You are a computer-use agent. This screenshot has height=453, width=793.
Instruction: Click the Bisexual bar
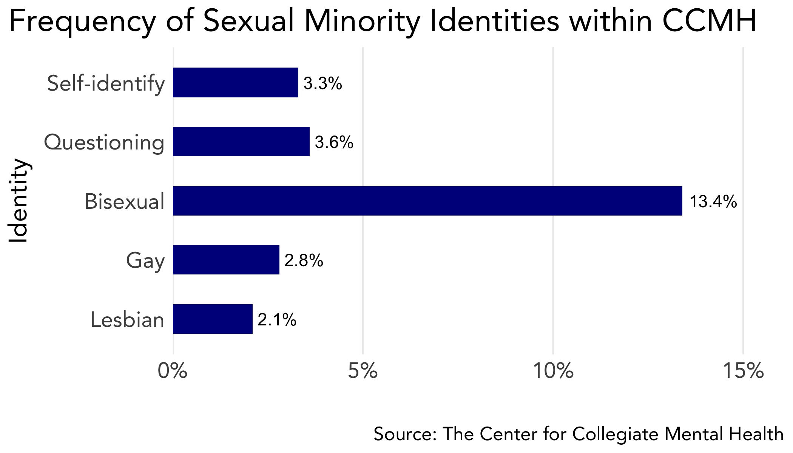[x=427, y=201]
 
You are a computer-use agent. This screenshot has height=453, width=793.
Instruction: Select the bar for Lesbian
[x=213, y=319]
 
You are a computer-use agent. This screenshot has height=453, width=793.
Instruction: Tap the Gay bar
[x=226, y=260]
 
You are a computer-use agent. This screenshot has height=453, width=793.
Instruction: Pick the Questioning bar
[x=241, y=142]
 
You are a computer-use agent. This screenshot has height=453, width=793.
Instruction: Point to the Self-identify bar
[x=235, y=83]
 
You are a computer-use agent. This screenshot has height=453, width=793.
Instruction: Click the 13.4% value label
[x=713, y=202]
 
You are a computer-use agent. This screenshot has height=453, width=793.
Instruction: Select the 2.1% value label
[x=277, y=320]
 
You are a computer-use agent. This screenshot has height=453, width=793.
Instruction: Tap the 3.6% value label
[x=334, y=142]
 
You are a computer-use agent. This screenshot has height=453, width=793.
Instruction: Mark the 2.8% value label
[x=304, y=260]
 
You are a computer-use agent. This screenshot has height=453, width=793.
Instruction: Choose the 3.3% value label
[x=322, y=83]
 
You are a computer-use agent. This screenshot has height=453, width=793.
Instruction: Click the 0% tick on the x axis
[x=173, y=371]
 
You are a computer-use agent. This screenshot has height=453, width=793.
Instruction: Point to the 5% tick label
[x=363, y=371]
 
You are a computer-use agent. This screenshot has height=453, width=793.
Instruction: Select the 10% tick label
[x=553, y=371]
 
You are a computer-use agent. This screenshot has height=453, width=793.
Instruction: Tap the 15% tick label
[x=743, y=371]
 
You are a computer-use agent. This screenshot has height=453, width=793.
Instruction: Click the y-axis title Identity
[x=18, y=201]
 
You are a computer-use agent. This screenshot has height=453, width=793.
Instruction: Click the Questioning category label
[x=104, y=142]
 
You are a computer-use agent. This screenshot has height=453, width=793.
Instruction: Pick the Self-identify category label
[x=106, y=83]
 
